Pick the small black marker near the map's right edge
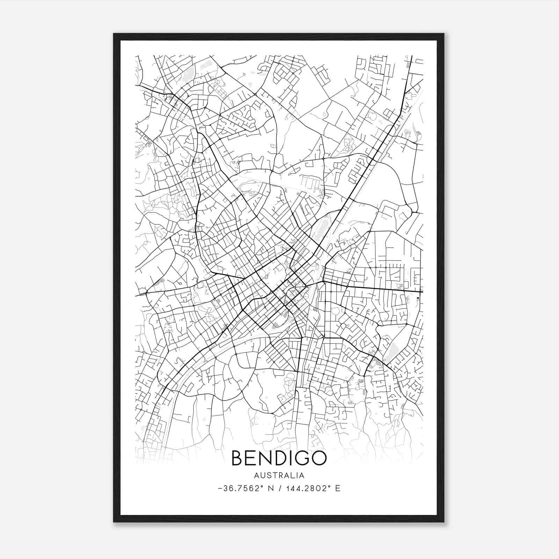(x=418, y=298)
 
